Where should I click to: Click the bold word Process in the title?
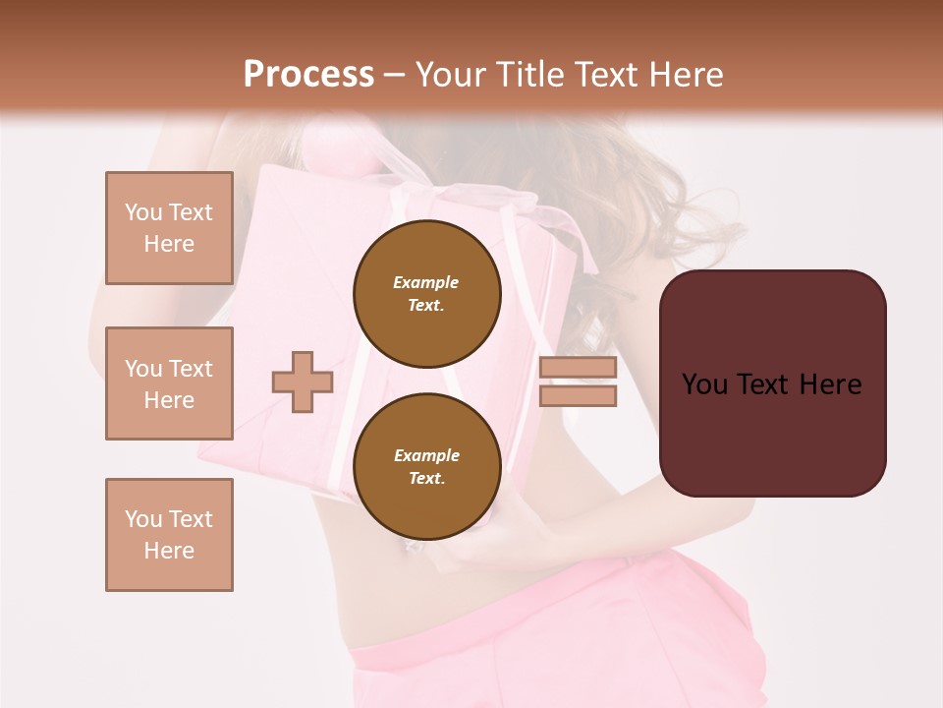coord(308,75)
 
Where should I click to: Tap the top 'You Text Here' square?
coord(169,228)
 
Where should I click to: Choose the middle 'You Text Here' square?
coord(169,383)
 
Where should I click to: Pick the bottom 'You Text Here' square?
coord(169,535)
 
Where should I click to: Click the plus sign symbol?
coord(303,382)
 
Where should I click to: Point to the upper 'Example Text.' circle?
coord(426,293)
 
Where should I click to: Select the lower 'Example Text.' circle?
coord(426,466)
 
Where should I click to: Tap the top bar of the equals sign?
coord(578,368)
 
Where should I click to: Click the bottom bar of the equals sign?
coord(578,395)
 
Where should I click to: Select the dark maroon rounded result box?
coord(772,383)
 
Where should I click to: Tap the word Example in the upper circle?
coord(425,282)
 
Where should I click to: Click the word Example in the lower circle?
coord(426,455)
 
